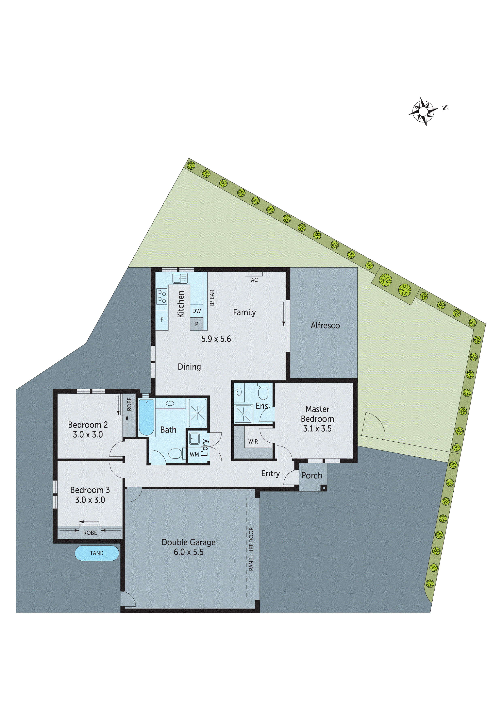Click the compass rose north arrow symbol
pyautogui.click(x=423, y=111)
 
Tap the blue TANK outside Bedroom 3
pyautogui.click(x=97, y=553)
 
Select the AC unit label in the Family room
pyautogui.click(x=254, y=280)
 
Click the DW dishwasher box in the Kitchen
pyautogui.click(x=196, y=311)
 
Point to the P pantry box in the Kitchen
pyautogui.click(x=196, y=324)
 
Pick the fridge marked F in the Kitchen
pyautogui.click(x=162, y=320)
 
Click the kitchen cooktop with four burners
pyautogui.click(x=162, y=296)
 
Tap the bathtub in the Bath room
pyautogui.click(x=146, y=417)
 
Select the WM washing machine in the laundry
pyautogui.click(x=194, y=455)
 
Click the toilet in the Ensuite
pyautogui.click(x=263, y=392)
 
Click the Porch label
pyautogui.click(x=312, y=476)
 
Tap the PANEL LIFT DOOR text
pyautogui.click(x=251, y=549)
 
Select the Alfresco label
pyautogui.click(x=325, y=326)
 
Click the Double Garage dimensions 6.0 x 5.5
pyautogui.click(x=188, y=552)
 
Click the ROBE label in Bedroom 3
pyautogui.click(x=90, y=533)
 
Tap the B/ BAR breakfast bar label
pyautogui.click(x=212, y=298)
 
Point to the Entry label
pyautogui.click(x=270, y=473)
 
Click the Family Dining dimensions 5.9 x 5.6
pyautogui.click(x=216, y=339)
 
